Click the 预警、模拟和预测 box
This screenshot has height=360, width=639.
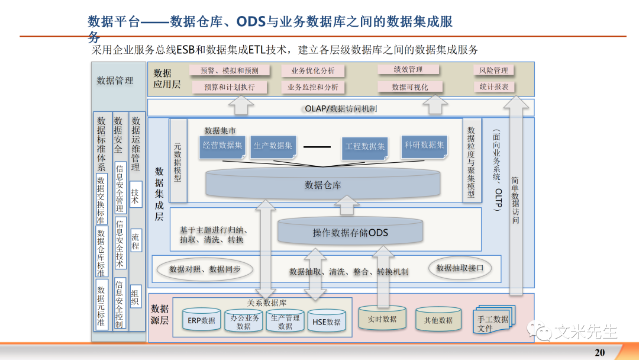(x=229, y=70)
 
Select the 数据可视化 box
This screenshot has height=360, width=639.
(x=409, y=87)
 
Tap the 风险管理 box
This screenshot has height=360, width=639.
(x=493, y=70)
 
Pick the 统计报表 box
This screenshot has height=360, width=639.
(x=493, y=87)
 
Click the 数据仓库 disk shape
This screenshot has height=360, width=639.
(x=322, y=184)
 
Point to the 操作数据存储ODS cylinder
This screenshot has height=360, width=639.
(x=350, y=232)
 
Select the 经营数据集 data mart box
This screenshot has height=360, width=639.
(x=222, y=146)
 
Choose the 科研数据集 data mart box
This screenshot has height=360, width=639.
(x=424, y=145)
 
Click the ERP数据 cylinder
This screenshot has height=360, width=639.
(x=201, y=321)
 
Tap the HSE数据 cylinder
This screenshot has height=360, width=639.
(x=326, y=322)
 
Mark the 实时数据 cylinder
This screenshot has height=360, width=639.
(x=382, y=319)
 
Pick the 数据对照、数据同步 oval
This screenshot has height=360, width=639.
(x=205, y=269)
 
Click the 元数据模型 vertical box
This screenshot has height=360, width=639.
(x=177, y=161)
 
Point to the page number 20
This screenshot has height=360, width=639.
(x=599, y=352)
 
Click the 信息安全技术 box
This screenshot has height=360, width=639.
(x=120, y=243)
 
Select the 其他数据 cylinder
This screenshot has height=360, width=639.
(x=438, y=320)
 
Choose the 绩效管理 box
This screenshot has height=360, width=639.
(x=408, y=70)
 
